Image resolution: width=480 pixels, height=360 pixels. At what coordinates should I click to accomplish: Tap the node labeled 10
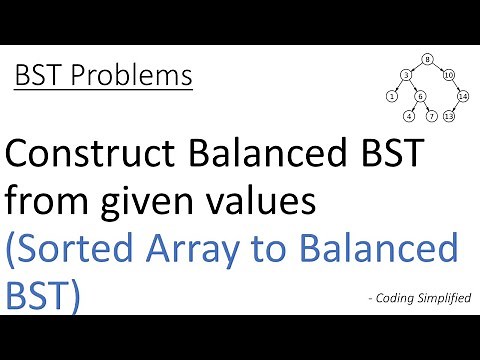449,75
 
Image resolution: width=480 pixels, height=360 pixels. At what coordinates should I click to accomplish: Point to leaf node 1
391,96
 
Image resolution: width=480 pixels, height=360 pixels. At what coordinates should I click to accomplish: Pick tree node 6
420,96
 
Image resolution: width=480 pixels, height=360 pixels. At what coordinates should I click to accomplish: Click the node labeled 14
463,96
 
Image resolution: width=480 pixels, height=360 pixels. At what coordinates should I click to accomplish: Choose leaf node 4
409,116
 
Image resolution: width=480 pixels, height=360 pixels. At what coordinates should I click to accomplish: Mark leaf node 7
431,116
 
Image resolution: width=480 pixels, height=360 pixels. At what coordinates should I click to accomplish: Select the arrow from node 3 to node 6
413,86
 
